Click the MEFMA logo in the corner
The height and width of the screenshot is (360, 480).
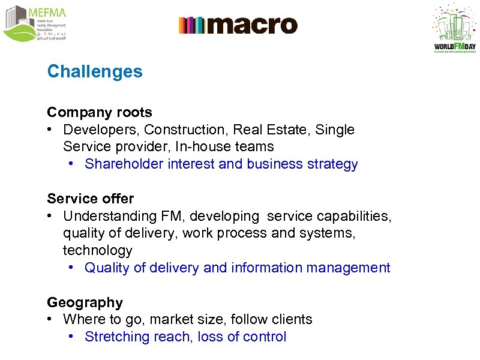[34, 24]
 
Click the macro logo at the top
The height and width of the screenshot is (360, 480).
[238, 25]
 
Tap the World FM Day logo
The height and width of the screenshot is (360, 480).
[454, 29]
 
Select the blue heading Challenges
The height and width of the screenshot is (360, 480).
[95, 71]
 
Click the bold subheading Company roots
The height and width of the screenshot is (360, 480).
[100, 112]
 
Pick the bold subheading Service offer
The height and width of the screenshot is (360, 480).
[91, 199]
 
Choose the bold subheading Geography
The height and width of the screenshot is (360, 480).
[85, 302]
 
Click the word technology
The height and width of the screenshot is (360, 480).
[97, 250]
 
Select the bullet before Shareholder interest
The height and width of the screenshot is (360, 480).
[71, 164]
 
